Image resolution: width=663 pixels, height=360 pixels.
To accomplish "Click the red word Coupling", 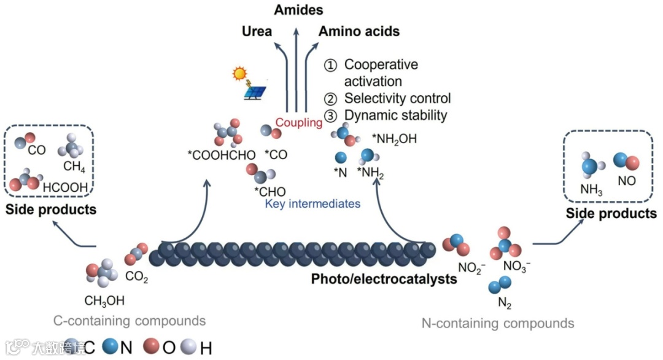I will [x=298, y=123].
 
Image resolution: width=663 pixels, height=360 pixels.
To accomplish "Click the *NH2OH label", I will [x=394, y=139].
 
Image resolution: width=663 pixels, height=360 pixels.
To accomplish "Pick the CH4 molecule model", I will [x=69, y=145].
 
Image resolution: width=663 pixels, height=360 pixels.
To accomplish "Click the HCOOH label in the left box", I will [x=64, y=187].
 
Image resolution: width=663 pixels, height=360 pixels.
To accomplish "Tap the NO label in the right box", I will [x=627, y=181].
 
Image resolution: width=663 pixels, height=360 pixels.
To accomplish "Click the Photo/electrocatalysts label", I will [x=384, y=278].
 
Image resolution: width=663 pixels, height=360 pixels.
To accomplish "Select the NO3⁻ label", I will [x=517, y=266].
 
